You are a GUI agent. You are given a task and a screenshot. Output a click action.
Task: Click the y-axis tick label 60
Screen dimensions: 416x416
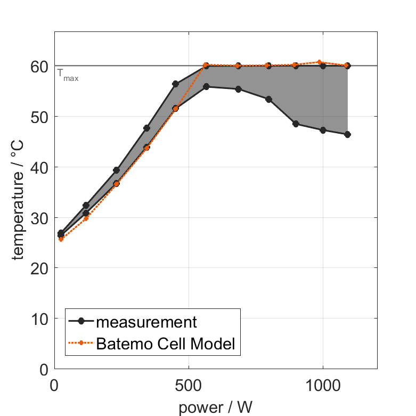[x=39, y=66]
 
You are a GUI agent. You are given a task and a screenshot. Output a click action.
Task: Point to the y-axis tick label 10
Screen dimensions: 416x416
[x=39, y=319]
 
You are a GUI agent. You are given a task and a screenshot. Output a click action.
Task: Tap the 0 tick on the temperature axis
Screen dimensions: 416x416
[x=44, y=370]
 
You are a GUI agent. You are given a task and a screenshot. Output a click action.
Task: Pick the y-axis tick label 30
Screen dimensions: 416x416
[x=39, y=218]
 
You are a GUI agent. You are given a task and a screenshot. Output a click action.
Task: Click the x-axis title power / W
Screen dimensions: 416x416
[x=215, y=407]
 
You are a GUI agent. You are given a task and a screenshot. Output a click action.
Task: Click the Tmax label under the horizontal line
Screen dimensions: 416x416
[x=68, y=75]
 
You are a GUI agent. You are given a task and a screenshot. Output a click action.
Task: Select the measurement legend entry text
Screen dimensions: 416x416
[x=146, y=322]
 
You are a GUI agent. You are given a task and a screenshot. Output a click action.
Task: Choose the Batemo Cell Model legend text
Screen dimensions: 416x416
[x=166, y=344]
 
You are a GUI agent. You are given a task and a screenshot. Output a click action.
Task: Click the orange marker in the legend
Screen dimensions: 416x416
[x=81, y=344]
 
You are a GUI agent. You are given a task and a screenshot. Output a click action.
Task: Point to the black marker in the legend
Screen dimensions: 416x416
[x=81, y=322]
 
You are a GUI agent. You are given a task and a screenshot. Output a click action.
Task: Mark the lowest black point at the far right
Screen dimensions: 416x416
[x=347, y=135]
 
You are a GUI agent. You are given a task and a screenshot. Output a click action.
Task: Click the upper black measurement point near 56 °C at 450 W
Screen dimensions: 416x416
[x=175, y=84]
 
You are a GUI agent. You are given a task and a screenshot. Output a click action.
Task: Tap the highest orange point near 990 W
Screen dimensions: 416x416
[x=319, y=62]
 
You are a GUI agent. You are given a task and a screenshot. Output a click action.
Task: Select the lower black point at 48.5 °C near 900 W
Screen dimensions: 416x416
[x=296, y=124]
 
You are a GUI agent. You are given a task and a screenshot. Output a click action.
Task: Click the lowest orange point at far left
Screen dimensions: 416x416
[x=61, y=239]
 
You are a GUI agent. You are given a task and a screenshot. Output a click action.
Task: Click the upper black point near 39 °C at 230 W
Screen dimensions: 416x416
[x=116, y=170]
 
